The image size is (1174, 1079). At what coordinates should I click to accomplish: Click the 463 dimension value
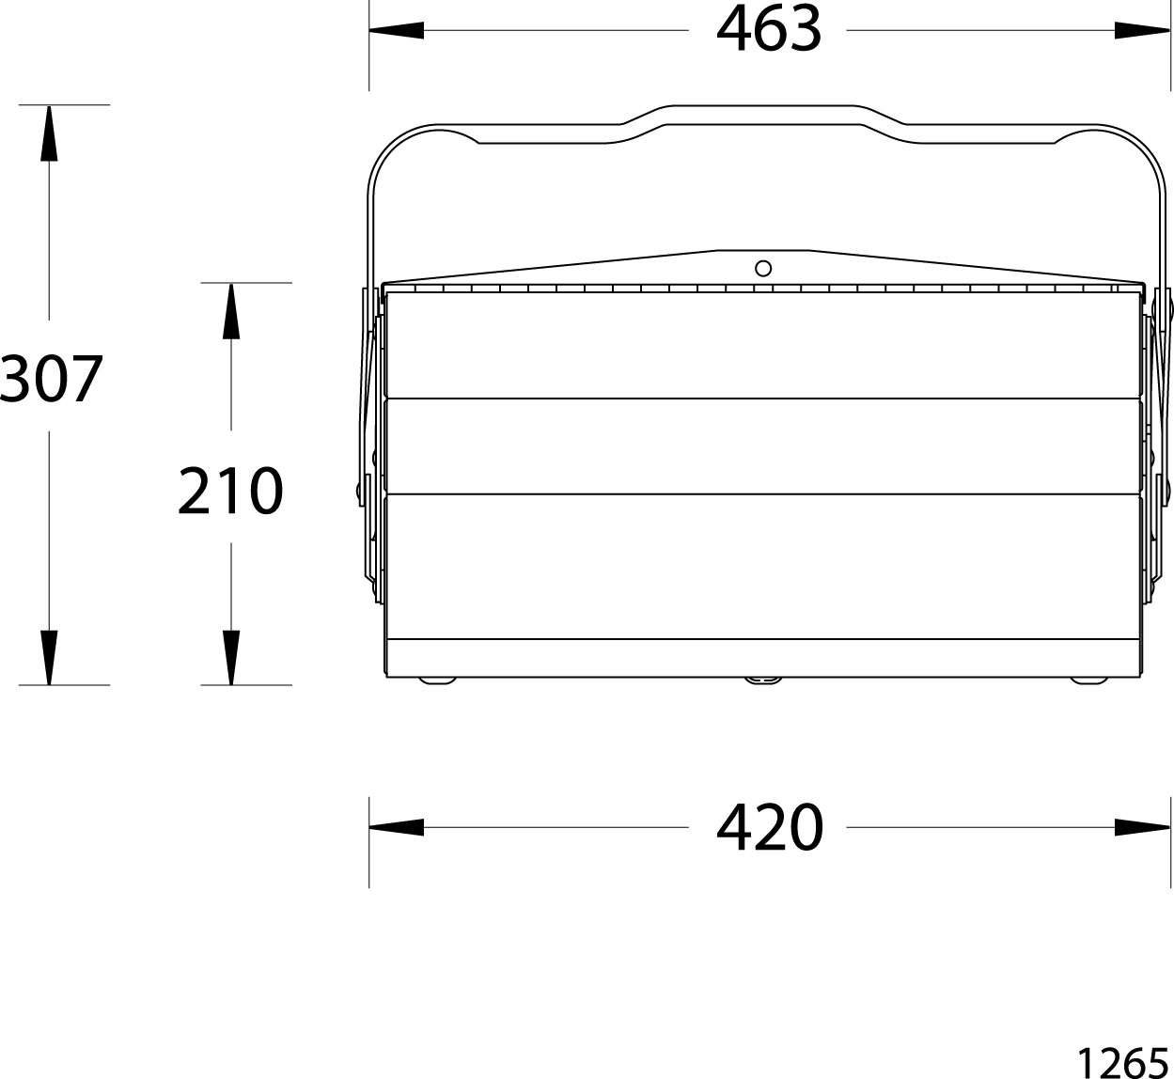point(769,29)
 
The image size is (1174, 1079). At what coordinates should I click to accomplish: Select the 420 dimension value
point(770,827)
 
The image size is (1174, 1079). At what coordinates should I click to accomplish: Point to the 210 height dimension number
point(230,491)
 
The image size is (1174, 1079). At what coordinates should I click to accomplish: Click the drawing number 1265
point(1123,1061)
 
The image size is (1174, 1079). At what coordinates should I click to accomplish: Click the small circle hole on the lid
point(763,268)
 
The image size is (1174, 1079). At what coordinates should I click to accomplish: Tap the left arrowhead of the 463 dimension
point(397,30)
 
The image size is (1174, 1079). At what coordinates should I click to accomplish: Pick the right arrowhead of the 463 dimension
point(1142,30)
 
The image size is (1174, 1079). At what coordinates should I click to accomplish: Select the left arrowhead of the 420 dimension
point(397,827)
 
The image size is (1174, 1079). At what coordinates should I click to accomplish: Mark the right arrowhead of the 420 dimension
point(1142,827)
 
